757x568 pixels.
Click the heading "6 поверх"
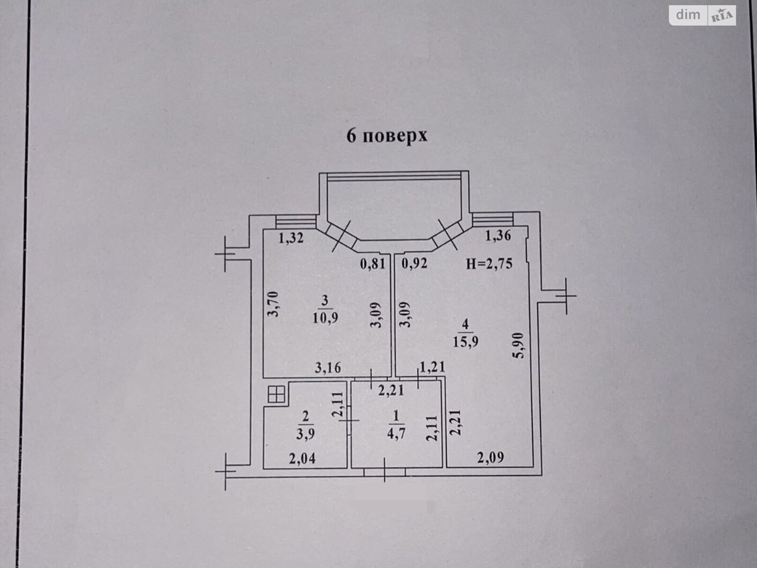tap(387, 135)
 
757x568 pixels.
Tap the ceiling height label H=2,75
tap(489, 264)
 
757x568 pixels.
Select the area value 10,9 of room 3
tap(325, 318)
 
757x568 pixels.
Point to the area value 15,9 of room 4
tap(466, 341)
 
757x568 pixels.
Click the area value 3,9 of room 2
tap(306, 434)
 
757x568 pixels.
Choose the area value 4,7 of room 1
tap(396, 434)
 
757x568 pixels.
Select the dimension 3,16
tap(327, 368)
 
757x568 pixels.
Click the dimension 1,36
tap(498, 235)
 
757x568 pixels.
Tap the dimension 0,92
tap(414, 264)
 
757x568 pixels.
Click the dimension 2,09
tap(491, 458)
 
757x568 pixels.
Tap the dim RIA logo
tap(702, 16)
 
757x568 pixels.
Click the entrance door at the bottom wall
tap(385, 471)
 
